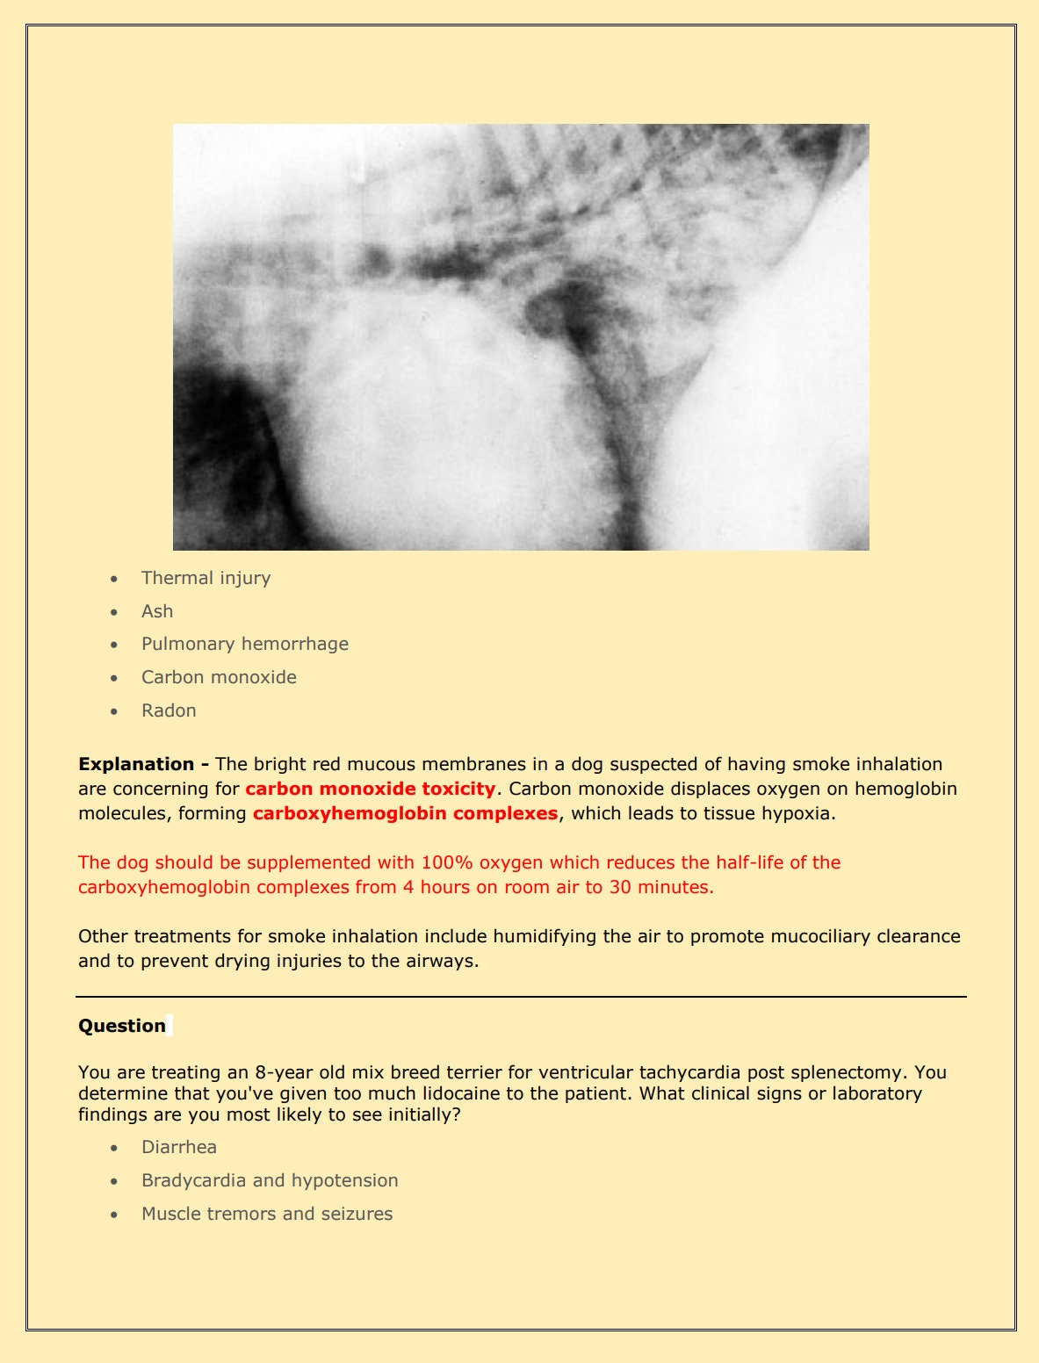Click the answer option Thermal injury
click(x=206, y=578)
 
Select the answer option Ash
click(x=157, y=611)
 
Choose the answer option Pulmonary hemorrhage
click(x=244, y=644)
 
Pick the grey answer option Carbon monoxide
click(x=219, y=677)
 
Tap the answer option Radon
click(x=169, y=710)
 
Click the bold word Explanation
click(x=136, y=764)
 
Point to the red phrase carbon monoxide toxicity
click(x=370, y=789)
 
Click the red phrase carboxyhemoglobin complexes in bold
click(x=405, y=813)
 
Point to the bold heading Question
click(x=122, y=1026)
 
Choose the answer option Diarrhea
click(x=179, y=1147)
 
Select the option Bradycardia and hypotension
click(x=270, y=1180)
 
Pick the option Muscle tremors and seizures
click(x=267, y=1214)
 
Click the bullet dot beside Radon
click(x=114, y=711)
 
